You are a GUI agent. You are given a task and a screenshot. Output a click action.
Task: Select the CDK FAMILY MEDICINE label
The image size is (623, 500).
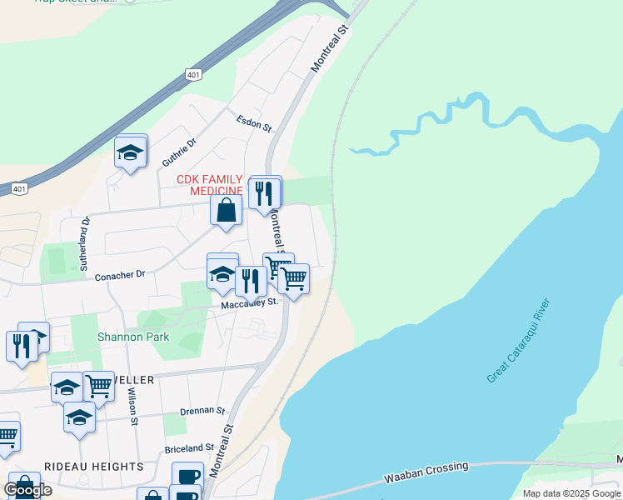point(209,185)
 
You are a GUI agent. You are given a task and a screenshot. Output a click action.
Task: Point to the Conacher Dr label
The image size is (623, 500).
point(120,273)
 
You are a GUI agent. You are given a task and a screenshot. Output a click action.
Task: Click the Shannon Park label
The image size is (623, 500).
point(132,337)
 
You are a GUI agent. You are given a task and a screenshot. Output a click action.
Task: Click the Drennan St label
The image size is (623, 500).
point(203,411)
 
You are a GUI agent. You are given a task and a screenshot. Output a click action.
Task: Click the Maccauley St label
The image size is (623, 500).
point(249,304)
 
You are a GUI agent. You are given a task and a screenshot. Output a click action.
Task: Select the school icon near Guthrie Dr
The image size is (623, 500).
point(131,152)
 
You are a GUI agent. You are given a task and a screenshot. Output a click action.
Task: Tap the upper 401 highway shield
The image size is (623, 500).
point(193,74)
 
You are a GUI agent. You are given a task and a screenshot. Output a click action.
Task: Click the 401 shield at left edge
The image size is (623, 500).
point(18,189)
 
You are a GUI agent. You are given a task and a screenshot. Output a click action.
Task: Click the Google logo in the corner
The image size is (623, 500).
point(27,489)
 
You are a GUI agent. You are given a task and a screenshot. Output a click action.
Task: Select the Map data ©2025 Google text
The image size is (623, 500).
point(571,493)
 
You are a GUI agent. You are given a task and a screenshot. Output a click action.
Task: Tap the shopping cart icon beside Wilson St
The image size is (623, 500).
point(99,387)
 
